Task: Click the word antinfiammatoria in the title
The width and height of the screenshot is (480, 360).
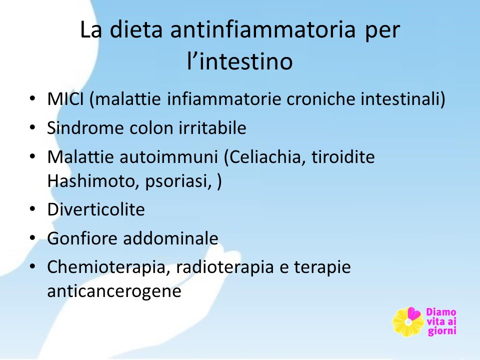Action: [263, 29]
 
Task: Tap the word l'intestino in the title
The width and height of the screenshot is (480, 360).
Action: [239, 60]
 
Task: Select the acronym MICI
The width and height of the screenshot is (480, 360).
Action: [65, 99]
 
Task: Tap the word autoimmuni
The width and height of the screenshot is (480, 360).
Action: [168, 156]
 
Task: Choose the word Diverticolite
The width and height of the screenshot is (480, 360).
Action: [96, 209]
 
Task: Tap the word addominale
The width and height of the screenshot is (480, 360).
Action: [171, 238]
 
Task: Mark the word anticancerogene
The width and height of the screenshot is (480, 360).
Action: [114, 291]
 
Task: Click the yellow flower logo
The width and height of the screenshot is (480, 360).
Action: [408, 322]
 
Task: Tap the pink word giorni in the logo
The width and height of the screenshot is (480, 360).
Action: [442, 331]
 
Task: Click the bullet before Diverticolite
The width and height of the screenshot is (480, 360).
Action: [32, 209]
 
